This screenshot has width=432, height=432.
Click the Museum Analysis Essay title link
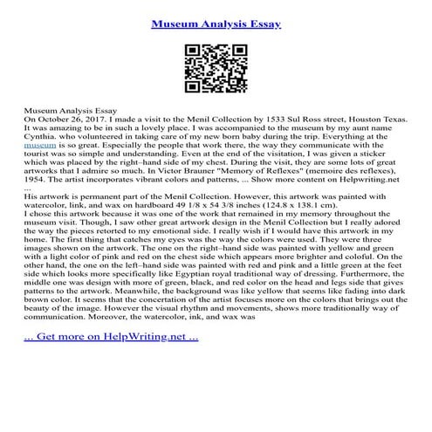point(216,24)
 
